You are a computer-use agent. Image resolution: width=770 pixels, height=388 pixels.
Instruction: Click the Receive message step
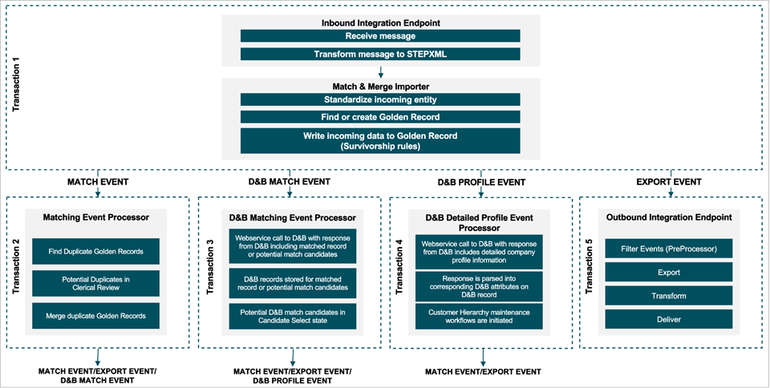click(380, 36)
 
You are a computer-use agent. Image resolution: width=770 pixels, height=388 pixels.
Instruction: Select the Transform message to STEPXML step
click(380, 55)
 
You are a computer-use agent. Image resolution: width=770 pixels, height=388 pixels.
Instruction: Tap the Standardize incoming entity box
click(380, 99)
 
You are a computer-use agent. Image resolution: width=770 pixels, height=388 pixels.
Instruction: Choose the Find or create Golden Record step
click(380, 117)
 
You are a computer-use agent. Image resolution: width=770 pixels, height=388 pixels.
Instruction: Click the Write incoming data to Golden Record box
click(380, 140)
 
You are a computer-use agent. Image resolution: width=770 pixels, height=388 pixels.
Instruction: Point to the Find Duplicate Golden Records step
click(95, 252)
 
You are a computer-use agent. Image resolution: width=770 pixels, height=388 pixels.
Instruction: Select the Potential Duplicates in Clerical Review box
click(95, 282)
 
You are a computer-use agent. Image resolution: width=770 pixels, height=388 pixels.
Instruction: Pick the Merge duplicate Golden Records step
click(95, 314)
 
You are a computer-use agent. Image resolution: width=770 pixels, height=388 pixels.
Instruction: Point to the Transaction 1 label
click(17, 87)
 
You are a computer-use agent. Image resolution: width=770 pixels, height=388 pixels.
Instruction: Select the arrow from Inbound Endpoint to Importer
click(380, 70)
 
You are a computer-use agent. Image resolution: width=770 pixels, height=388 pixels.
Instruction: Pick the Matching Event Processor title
click(95, 216)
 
